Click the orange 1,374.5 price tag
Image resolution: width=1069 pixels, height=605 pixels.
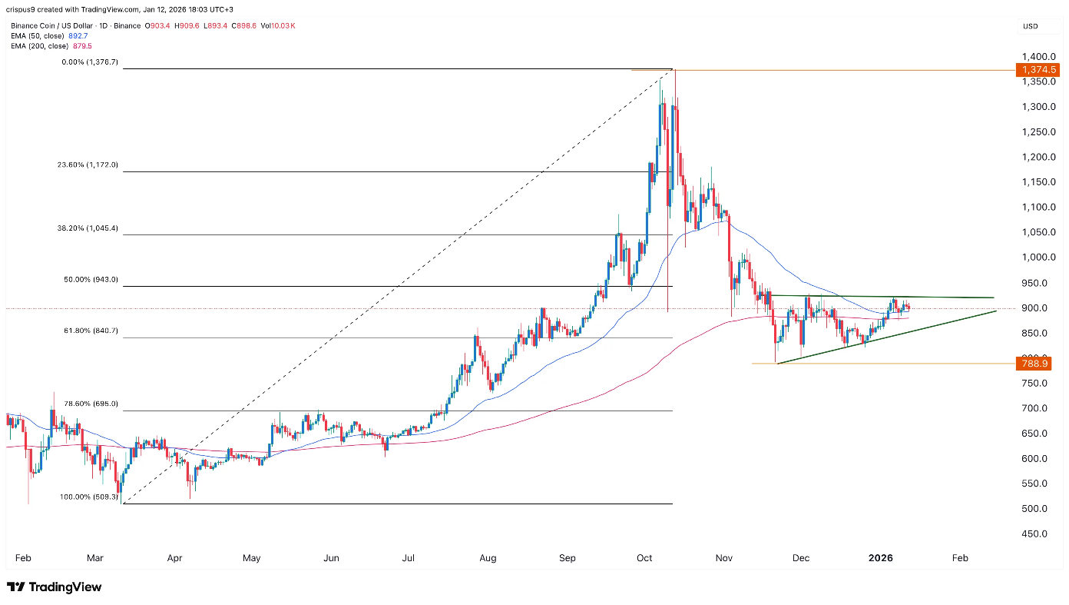[x=1037, y=70]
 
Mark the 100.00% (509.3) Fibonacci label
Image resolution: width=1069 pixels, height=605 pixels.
[x=89, y=497]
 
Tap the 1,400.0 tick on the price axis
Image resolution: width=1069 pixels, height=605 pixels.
[x=1040, y=57]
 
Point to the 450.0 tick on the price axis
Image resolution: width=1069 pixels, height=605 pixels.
[x=1036, y=534]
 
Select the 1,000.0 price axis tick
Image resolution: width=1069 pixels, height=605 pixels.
[x=1040, y=258]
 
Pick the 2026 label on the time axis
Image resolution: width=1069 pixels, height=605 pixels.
[x=881, y=557]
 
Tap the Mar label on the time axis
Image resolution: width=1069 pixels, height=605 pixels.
[x=95, y=557]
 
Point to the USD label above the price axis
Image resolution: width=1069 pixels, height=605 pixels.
[x=1031, y=26]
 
